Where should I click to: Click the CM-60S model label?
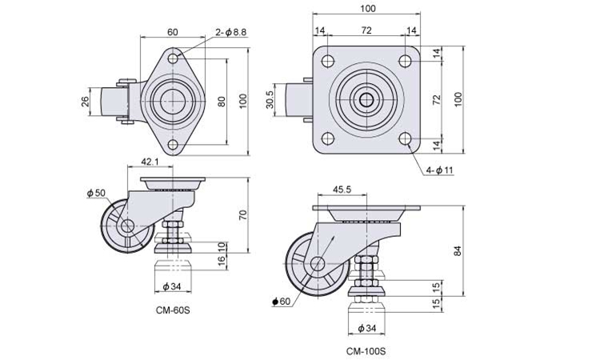pyautogui.click(x=173, y=310)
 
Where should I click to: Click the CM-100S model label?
pyautogui.click(x=366, y=351)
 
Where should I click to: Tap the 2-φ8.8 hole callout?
pyautogui.click(x=230, y=33)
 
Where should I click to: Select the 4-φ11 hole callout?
pyautogui.click(x=439, y=170)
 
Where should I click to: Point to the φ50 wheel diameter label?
pyautogui.click(x=96, y=193)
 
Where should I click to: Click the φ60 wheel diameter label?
pyautogui.click(x=282, y=302)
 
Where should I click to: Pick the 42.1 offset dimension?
pyautogui.click(x=150, y=162)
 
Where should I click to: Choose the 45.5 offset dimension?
pyautogui.click(x=342, y=190)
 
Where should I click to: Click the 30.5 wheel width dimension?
pyautogui.click(x=270, y=99)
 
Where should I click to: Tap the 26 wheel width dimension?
pyautogui.click(x=86, y=101)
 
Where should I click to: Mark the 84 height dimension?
pyautogui.click(x=458, y=251)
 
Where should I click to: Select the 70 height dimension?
pyautogui.click(x=243, y=214)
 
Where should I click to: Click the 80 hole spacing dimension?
pyautogui.click(x=222, y=102)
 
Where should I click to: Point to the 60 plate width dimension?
pyautogui.click(x=173, y=32)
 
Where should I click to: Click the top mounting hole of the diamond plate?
pyautogui.click(x=173, y=58)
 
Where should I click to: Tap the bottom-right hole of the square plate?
pyautogui.click(x=405, y=138)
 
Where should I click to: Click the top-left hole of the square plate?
pyautogui.click(x=328, y=62)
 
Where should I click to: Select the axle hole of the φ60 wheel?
pyautogui.click(x=318, y=263)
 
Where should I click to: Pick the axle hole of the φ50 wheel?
pyautogui.click(x=126, y=226)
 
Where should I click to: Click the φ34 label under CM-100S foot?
pyautogui.click(x=367, y=328)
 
